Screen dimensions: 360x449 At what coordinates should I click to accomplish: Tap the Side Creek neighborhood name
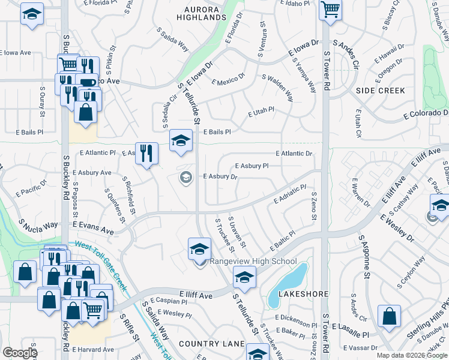tap(380, 91)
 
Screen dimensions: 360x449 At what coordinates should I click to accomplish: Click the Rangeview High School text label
tap(253, 261)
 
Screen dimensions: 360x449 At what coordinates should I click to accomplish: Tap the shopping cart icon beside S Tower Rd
tap(330, 10)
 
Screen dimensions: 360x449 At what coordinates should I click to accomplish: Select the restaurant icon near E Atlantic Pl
tap(146, 153)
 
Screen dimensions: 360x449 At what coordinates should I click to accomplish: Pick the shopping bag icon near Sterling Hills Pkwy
tap(389, 316)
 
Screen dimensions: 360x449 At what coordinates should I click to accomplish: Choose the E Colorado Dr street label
tap(426, 113)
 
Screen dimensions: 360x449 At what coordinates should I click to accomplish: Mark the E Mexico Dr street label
tap(228, 79)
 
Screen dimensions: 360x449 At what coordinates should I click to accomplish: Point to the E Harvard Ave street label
tap(93, 349)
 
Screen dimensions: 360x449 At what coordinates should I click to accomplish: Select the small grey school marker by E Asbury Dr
tap(186, 176)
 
